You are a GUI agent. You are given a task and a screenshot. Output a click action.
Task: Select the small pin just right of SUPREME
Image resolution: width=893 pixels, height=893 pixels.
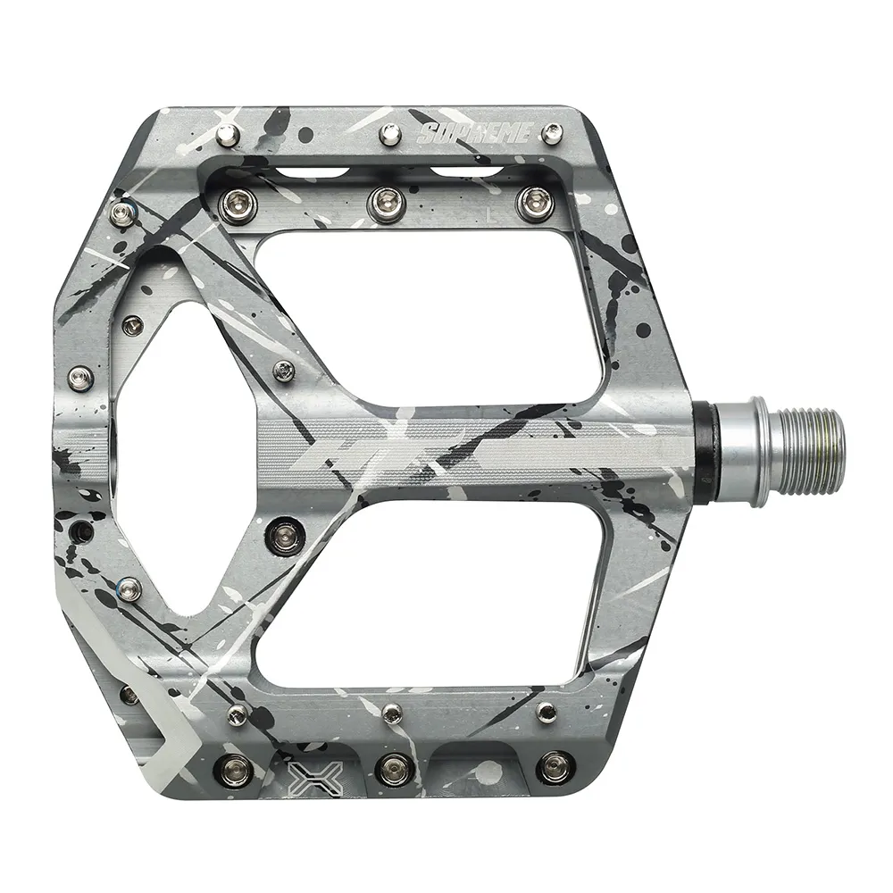pyautogui.click(x=554, y=135)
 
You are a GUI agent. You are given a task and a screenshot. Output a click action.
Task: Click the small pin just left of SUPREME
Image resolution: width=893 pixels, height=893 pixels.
pyautogui.click(x=388, y=135)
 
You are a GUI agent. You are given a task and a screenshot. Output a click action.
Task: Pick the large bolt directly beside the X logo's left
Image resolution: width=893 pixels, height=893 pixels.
pyautogui.click(x=236, y=766)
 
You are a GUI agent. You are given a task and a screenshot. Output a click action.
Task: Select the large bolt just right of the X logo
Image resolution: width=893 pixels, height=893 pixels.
pyautogui.click(x=393, y=766)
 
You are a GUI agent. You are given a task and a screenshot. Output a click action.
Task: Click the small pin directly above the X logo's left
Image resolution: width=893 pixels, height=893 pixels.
pyautogui.click(x=238, y=712)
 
